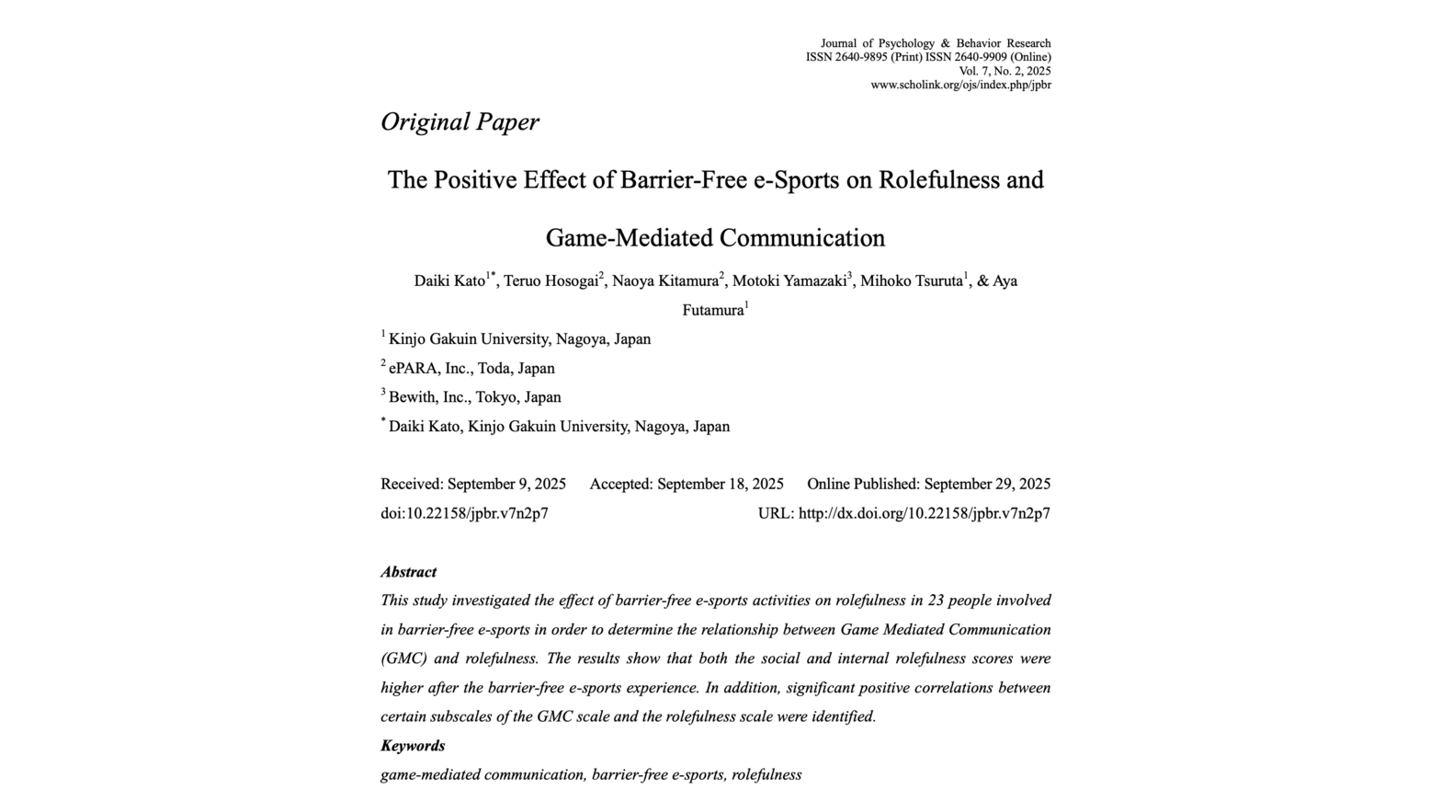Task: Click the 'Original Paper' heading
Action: pos(460,122)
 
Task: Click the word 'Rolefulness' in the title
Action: pos(938,179)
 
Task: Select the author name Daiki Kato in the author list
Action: pos(449,281)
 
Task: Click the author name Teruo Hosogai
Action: pos(550,281)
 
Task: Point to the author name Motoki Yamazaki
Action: pos(789,281)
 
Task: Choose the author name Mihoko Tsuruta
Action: pos(911,281)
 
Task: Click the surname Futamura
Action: pos(712,311)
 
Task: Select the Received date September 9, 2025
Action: pos(506,485)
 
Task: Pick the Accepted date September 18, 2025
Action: pos(720,485)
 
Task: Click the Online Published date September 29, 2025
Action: pos(987,485)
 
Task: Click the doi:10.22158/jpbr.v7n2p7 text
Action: pos(464,514)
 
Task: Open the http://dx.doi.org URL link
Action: pos(924,514)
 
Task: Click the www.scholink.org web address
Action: pos(960,86)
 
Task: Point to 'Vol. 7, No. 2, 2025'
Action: pos(1004,71)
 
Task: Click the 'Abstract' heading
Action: pos(408,572)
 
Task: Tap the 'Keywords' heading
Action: pos(413,746)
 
